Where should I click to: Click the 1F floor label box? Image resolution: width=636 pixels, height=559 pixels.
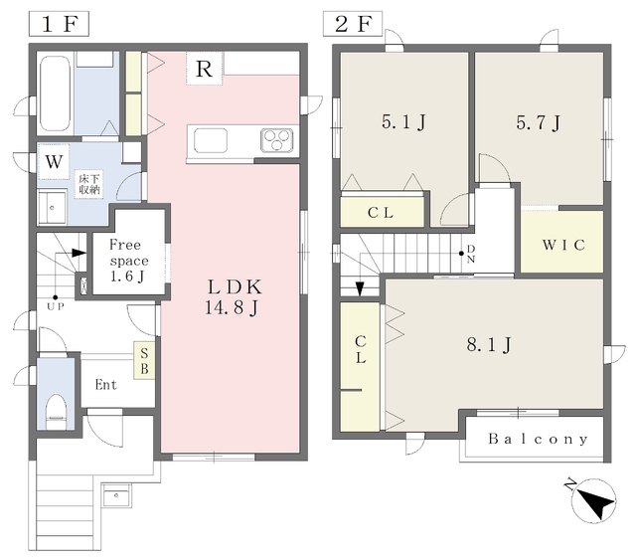[60, 24]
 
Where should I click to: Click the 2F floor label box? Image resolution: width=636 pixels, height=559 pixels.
[353, 24]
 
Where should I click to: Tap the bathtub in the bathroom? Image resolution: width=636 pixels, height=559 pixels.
[55, 92]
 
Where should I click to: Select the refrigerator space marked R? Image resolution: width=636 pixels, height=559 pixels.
[205, 69]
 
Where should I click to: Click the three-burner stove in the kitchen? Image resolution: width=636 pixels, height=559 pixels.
[276, 140]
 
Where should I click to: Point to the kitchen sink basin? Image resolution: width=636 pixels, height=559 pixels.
[211, 140]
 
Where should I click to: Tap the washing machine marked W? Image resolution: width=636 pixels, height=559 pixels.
[54, 162]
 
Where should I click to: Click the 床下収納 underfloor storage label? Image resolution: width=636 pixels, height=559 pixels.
[89, 184]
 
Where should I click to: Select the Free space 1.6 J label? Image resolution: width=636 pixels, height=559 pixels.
[128, 261]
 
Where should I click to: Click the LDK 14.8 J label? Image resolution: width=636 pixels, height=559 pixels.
[233, 297]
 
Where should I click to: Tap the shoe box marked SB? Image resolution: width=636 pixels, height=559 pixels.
[144, 361]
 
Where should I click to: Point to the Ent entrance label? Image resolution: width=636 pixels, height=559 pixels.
[106, 385]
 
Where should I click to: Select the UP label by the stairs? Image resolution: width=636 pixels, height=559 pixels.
[56, 306]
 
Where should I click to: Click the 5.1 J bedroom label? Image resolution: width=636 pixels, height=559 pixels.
[403, 121]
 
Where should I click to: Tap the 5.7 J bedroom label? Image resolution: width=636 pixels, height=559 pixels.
[539, 121]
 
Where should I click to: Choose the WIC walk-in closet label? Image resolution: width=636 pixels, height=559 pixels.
[563, 245]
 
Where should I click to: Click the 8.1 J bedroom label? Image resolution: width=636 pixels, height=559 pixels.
[489, 345]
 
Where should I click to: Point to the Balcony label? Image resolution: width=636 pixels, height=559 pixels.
[539, 439]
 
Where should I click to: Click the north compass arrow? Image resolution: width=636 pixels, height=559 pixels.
[593, 500]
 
